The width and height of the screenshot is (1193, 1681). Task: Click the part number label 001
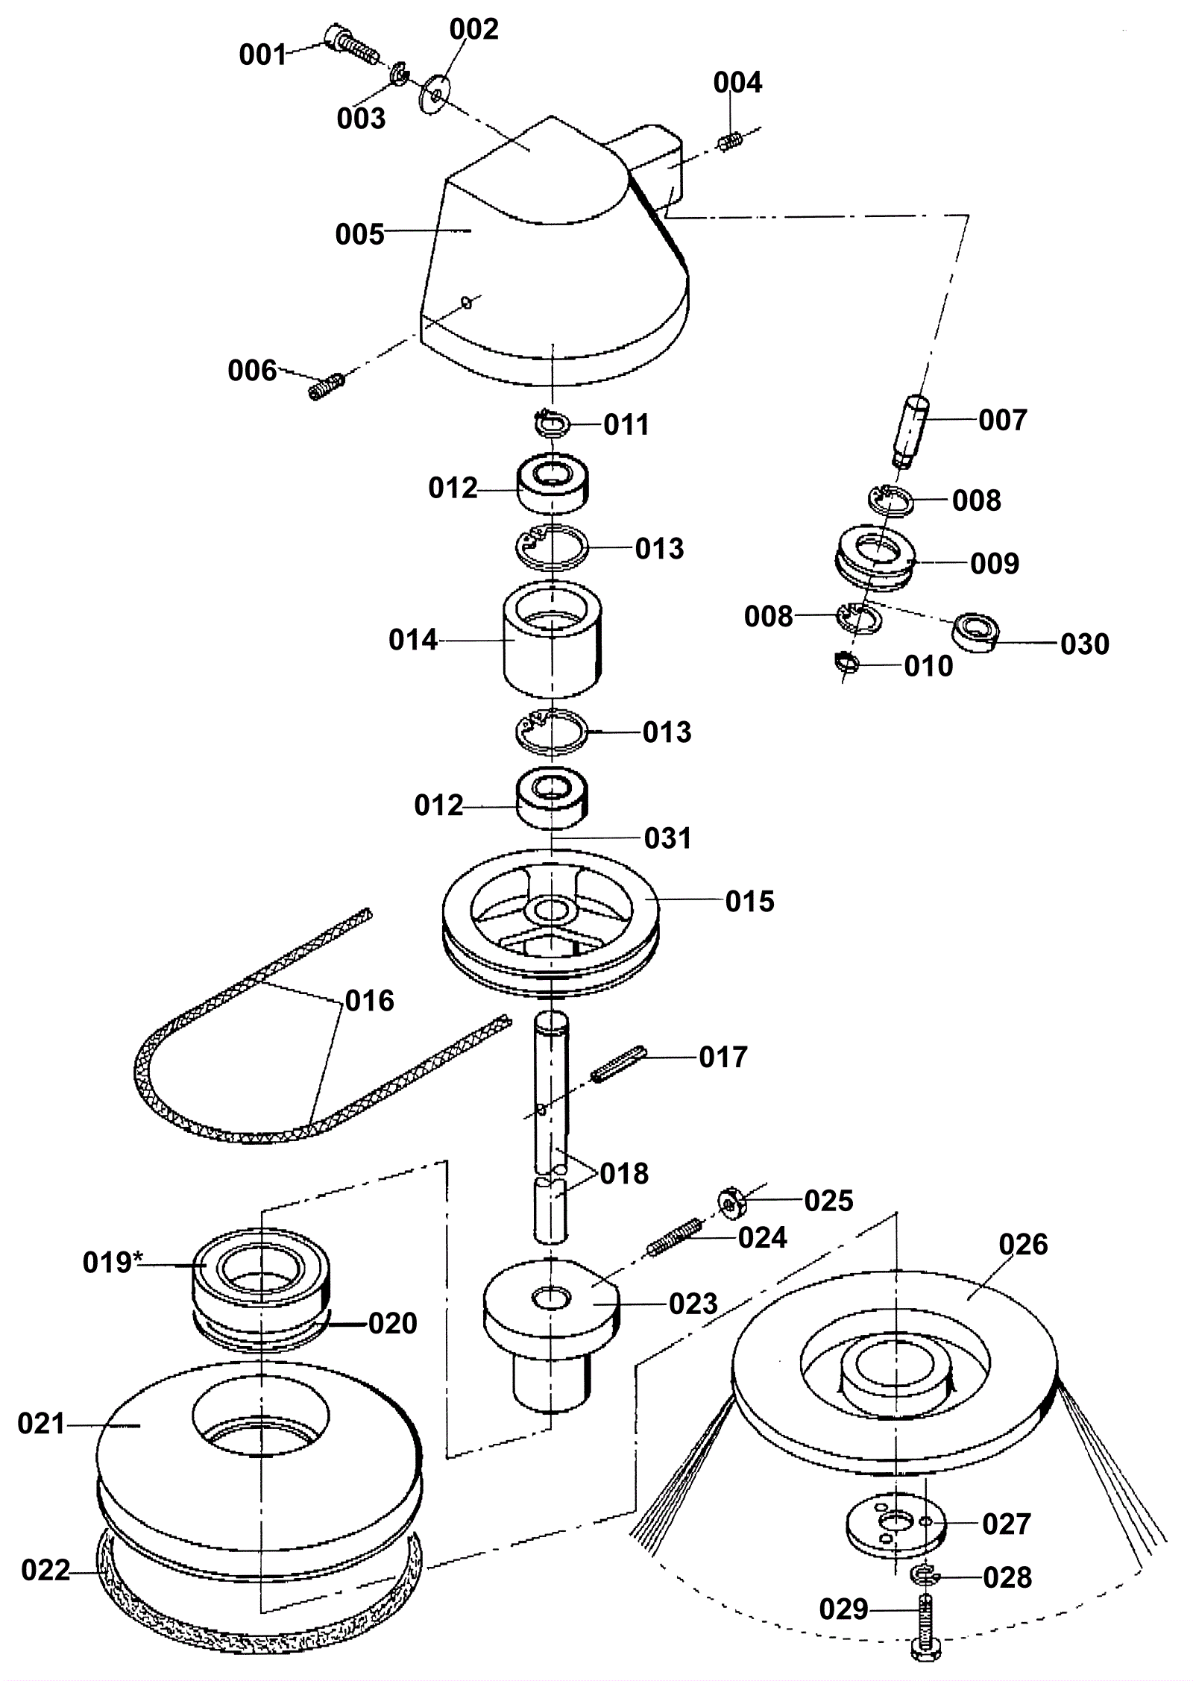click(262, 55)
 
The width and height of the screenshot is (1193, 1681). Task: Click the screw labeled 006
click(326, 386)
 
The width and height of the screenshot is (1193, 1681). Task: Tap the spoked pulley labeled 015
click(551, 922)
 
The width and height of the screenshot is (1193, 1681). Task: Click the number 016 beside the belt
click(369, 1000)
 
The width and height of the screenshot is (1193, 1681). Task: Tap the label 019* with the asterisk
click(112, 1262)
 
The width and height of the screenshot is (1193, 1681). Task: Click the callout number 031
click(668, 838)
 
